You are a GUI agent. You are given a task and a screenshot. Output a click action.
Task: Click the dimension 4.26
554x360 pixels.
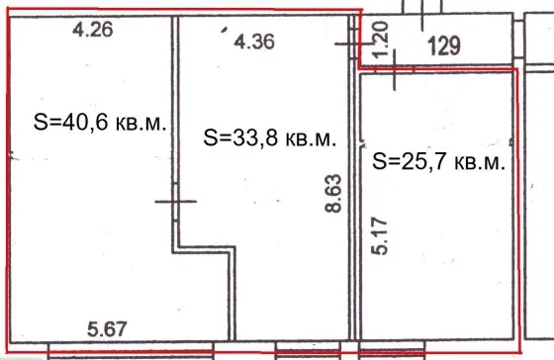93,30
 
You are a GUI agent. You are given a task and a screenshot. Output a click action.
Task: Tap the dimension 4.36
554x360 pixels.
254,42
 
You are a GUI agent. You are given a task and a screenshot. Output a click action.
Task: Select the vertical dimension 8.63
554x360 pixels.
333,193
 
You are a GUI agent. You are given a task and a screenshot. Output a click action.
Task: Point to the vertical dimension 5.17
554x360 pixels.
380,236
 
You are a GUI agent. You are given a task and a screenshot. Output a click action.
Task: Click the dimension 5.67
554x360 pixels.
107,329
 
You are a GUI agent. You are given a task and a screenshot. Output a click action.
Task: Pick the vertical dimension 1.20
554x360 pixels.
381,40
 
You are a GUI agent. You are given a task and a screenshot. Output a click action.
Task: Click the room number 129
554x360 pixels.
444,45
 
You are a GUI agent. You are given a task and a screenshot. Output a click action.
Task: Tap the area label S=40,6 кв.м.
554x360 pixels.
100,123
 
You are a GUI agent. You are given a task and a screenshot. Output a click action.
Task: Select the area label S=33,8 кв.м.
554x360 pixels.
269,137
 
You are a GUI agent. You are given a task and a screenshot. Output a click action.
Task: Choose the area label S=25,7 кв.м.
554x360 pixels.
439,161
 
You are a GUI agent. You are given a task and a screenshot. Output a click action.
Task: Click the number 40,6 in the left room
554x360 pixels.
85,123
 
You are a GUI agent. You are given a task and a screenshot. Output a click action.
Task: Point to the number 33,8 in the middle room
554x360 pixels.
255,137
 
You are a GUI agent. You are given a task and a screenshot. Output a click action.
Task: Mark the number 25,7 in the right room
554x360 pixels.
424,161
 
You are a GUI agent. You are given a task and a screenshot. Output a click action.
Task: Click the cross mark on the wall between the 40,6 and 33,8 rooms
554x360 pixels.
176,202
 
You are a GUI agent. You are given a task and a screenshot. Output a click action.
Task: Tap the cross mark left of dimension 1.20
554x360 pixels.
354,44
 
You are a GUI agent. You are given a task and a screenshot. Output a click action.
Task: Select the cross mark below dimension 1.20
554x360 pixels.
395,69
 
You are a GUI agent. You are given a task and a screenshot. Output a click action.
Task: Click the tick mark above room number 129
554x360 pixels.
422,15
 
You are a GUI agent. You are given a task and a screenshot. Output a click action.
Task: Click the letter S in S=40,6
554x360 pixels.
41,123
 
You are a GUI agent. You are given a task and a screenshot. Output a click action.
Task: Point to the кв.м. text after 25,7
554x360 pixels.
480,163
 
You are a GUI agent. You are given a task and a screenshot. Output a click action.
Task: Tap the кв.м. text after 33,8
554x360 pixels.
311,139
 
